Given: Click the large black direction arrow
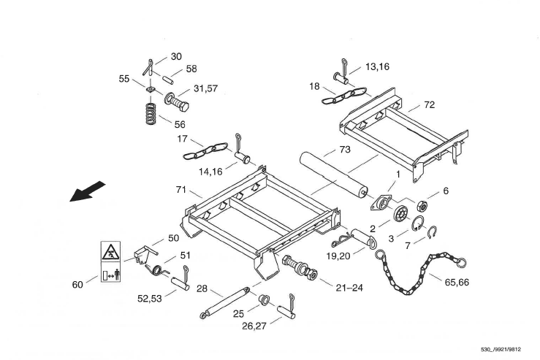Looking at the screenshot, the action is click(87, 191).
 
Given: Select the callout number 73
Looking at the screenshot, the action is click(345, 150).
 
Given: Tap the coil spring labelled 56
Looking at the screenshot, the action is click(150, 113).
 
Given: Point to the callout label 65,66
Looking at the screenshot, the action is click(457, 282).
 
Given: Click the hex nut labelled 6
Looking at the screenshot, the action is click(422, 206).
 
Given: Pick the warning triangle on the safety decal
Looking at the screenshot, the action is click(110, 252).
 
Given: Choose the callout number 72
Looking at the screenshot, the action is click(430, 104).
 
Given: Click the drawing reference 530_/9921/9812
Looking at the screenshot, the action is click(501, 350).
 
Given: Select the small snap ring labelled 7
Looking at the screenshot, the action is click(432, 232).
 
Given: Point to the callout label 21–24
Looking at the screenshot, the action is click(349, 288).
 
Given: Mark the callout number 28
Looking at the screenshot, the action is click(202, 288).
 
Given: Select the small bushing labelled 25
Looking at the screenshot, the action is click(264, 299).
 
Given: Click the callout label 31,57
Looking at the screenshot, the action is click(205, 88).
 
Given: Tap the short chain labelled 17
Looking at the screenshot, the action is click(205, 150).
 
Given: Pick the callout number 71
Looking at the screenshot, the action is click(180, 190).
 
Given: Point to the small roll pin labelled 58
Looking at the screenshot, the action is click(168, 79).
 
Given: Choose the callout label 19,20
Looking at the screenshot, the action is click(338, 256).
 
